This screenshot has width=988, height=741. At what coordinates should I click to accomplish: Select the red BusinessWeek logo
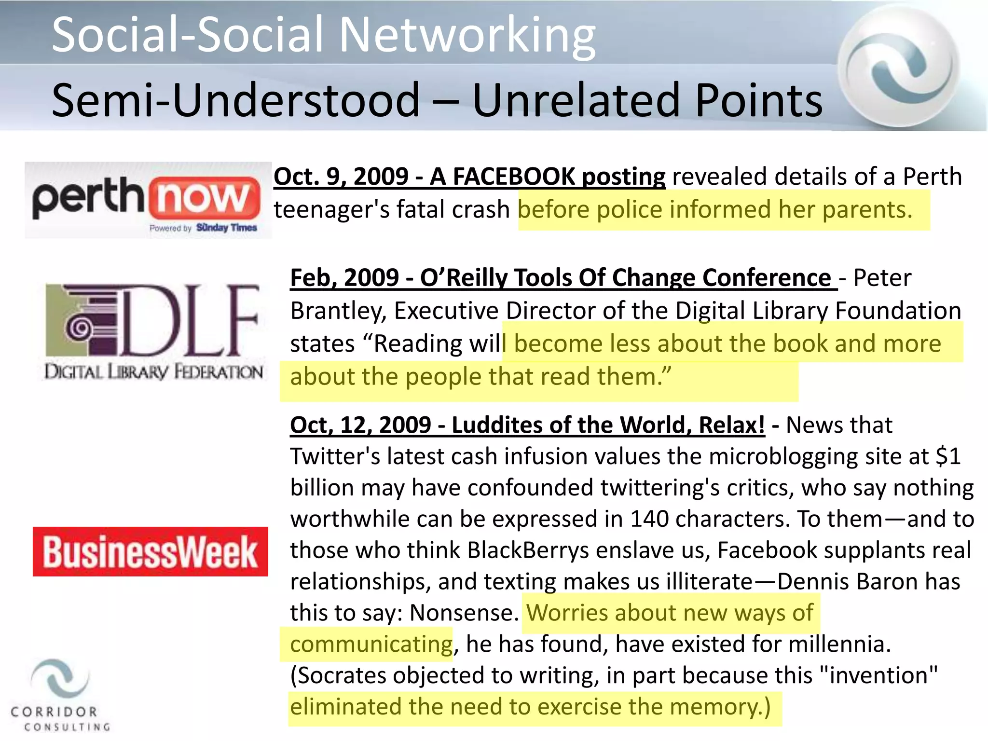click(x=150, y=551)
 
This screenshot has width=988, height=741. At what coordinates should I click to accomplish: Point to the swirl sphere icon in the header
click(x=898, y=67)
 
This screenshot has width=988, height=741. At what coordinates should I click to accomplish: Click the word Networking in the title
click(x=467, y=35)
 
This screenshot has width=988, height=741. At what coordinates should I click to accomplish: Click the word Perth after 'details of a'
click(x=932, y=177)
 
